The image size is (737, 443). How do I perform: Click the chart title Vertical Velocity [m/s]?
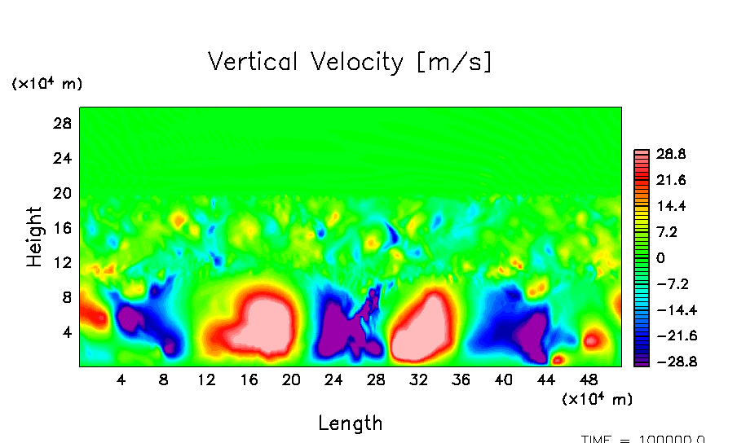350,62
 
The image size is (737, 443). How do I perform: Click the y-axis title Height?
34,236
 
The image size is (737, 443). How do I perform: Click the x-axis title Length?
350,423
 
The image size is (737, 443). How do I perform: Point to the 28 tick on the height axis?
64,123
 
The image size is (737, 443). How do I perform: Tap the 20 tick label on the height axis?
64,193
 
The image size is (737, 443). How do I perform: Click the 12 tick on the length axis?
206,379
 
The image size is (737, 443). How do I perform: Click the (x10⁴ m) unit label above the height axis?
46,84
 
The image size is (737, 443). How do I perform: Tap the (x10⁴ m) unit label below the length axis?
597,399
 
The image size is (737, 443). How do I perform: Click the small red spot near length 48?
593,338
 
